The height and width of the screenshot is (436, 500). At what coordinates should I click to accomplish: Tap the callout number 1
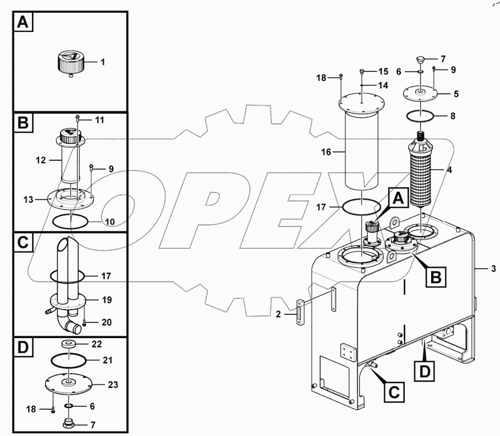pyautogui.click(x=103, y=62)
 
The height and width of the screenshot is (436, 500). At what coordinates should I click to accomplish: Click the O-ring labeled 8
pyautogui.click(x=419, y=116)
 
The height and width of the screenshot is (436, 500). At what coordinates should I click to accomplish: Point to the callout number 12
pyautogui.click(x=42, y=160)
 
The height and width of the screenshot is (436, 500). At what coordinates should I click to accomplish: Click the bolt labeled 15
pyautogui.click(x=362, y=71)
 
